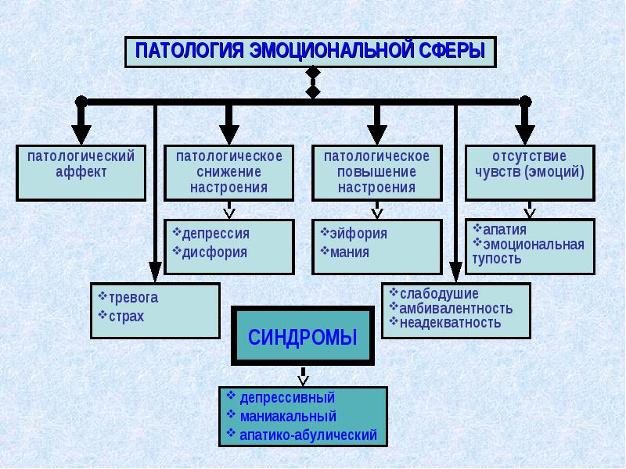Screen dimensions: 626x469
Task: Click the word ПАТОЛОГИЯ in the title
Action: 189,51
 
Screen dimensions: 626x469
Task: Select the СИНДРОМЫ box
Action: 303,336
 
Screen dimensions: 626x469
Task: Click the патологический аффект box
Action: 81,173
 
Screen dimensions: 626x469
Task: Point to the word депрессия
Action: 216,233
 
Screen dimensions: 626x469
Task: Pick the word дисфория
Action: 214,252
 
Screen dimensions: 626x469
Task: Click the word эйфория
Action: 358,233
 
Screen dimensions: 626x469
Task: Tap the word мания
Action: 349,252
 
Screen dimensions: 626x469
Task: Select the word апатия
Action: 505,230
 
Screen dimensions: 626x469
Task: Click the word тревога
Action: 133,298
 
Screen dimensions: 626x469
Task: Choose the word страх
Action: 126,317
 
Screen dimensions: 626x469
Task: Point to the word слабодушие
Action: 439,294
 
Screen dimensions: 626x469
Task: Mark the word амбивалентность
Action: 456,309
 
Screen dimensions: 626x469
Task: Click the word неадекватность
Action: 451,323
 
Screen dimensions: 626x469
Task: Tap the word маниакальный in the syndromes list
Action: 288,417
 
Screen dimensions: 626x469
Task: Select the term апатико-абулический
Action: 308,435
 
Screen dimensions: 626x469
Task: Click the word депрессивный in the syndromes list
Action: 287,398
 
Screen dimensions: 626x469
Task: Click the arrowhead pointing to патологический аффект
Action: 81,134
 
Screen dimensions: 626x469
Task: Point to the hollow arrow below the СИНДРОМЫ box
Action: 303,377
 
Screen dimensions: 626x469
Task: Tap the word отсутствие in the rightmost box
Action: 530,156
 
